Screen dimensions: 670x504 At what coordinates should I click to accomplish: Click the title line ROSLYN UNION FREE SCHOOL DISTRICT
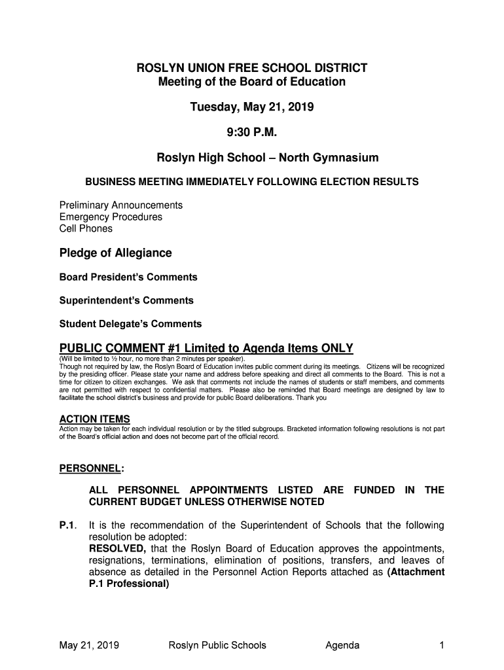(251, 68)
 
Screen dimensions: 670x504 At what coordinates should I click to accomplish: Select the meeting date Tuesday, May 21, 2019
(251, 107)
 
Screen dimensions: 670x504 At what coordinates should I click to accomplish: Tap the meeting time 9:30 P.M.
(251, 133)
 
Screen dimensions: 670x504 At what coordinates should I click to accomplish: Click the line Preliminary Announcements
(121, 205)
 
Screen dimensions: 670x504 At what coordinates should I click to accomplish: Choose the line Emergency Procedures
(111, 217)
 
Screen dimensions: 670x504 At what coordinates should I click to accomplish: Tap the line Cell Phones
(86, 229)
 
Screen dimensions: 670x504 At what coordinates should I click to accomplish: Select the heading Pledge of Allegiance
(116, 253)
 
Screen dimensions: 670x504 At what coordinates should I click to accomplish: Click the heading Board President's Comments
(128, 277)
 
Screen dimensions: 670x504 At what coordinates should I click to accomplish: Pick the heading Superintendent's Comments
(126, 301)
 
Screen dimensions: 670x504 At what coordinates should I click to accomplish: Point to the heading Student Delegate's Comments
(130, 324)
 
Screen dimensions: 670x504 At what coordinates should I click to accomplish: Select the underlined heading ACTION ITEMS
(94, 419)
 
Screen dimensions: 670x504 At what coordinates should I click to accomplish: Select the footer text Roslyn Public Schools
(217, 646)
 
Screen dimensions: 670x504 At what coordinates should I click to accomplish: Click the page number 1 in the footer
(442, 646)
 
